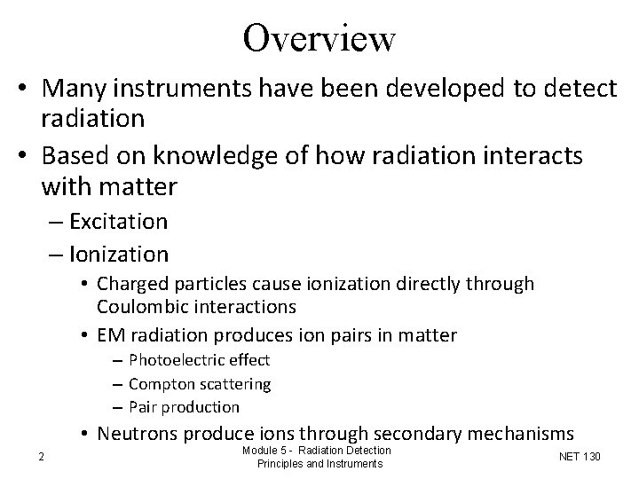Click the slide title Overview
click(319, 37)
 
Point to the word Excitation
click(118, 220)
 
